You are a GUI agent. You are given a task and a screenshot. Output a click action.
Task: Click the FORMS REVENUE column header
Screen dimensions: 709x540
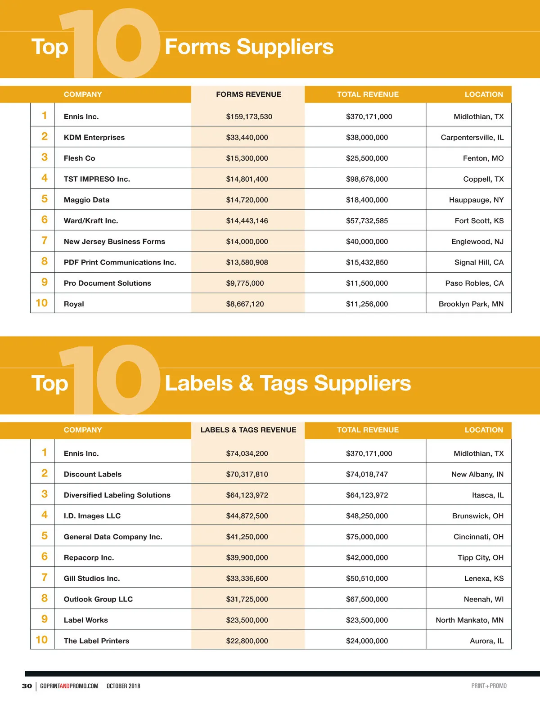[x=248, y=94]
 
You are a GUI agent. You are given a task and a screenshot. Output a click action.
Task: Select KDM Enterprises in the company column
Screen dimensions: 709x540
[x=94, y=137]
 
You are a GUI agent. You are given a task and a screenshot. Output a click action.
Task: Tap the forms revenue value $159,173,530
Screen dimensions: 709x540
[x=249, y=117]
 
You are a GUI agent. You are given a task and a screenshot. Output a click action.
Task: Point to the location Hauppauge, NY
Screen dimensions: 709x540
[x=476, y=200]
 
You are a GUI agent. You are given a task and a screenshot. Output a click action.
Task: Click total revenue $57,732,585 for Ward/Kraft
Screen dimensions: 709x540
[x=367, y=221]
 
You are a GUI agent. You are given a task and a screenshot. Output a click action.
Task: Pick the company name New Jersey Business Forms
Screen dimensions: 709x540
[x=114, y=242]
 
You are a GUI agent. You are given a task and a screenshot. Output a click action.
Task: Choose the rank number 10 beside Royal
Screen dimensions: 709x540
[x=42, y=303]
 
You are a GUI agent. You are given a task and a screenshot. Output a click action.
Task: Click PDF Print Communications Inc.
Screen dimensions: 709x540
[x=120, y=262]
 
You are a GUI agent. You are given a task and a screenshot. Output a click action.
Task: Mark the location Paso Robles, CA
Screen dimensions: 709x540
[x=474, y=283]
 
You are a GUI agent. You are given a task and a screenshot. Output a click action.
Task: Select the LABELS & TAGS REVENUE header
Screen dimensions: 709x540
[x=248, y=430]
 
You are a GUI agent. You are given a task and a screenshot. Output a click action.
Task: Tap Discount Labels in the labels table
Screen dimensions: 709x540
[x=93, y=474]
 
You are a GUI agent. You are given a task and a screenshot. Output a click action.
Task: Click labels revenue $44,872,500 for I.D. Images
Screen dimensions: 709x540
[x=247, y=516]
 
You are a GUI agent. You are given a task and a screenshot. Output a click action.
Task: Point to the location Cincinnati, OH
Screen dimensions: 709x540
[x=478, y=537]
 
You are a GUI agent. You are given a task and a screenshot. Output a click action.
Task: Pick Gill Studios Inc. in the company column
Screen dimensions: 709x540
[x=92, y=579]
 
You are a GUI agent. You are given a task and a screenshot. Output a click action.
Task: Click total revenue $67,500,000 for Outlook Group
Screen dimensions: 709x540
[x=367, y=599]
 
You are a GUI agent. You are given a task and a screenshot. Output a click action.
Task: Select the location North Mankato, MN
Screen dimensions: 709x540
[x=469, y=620]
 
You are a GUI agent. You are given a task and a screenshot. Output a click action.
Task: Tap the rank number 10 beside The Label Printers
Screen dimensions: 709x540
[x=42, y=640]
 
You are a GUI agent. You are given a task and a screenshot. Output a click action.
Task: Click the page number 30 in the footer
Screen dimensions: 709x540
[x=27, y=686]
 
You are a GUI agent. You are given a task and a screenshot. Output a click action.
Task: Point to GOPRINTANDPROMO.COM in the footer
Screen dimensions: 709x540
[x=69, y=686]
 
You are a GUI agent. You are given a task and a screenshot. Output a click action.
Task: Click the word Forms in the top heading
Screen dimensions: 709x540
[x=198, y=47]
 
